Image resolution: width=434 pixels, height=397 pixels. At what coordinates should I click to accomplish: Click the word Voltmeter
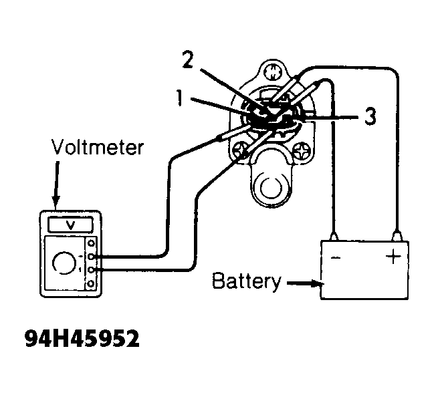(x=98, y=147)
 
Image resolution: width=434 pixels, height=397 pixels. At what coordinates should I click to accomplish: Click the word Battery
(x=247, y=281)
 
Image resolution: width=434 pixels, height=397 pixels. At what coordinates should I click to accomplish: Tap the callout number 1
(x=180, y=98)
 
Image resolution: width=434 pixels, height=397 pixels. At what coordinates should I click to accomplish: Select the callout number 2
(x=188, y=59)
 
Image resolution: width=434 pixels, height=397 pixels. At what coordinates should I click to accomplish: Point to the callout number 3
(x=370, y=116)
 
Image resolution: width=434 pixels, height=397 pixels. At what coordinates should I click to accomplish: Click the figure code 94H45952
(x=82, y=338)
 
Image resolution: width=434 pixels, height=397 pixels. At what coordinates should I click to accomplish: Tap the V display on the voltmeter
(x=71, y=225)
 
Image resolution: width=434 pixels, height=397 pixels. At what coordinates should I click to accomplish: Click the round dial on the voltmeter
(x=64, y=263)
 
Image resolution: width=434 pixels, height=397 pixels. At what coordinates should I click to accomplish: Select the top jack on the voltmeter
(x=91, y=243)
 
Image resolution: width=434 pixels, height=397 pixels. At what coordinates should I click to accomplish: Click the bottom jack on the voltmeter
(x=91, y=284)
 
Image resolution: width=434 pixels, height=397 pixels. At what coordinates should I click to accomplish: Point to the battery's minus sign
(x=336, y=257)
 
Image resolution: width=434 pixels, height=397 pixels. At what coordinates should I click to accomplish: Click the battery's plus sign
(x=393, y=257)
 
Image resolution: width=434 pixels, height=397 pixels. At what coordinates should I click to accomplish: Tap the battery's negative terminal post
(x=334, y=237)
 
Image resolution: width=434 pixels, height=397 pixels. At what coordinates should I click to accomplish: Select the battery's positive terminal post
(x=397, y=236)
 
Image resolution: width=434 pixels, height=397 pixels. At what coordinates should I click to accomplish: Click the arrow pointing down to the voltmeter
(x=56, y=183)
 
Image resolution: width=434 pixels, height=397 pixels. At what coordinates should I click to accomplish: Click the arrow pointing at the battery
(x=304, y=283)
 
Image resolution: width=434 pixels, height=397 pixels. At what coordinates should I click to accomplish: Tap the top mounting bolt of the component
(x=273, y=72)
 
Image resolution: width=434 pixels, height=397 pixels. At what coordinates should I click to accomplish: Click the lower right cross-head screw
(x=302, y=151)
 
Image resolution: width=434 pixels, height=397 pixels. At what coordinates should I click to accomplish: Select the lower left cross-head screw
(x=240, y=151)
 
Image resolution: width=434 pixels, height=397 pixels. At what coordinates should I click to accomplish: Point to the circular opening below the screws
(x=272, y=188)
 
